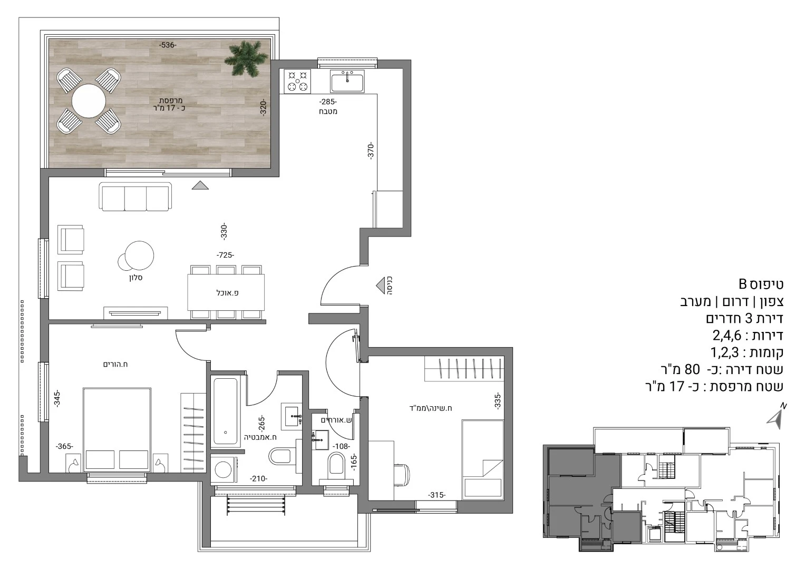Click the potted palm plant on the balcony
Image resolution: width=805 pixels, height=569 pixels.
[x=247, y=58]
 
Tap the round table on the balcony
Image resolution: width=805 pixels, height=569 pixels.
[x=89, y=101]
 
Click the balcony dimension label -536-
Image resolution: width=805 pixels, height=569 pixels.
[x=168, y=45]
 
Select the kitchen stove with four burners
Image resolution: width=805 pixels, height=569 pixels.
[x=297, y=81]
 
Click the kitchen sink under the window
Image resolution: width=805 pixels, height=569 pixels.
[x=347, y=81]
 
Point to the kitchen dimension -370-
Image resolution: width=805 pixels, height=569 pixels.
[x=371, y=151]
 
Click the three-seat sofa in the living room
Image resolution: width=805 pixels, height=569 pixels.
[x=135, y=197]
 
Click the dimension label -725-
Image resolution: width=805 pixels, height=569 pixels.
[x=225, y=255]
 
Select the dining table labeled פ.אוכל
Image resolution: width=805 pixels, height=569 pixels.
[x=226, y=292]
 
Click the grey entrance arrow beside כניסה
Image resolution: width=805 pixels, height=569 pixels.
[x=380, y=286]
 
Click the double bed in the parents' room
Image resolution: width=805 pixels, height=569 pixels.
[x=117, y=430]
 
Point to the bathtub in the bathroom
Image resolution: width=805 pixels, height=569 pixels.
[x=226, y=411]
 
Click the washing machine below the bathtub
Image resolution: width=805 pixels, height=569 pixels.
[x=224, y=469]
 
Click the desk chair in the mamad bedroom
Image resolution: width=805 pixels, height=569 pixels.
[x=401, y=475]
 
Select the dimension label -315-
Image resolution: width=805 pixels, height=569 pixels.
[x=437, y=495]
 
